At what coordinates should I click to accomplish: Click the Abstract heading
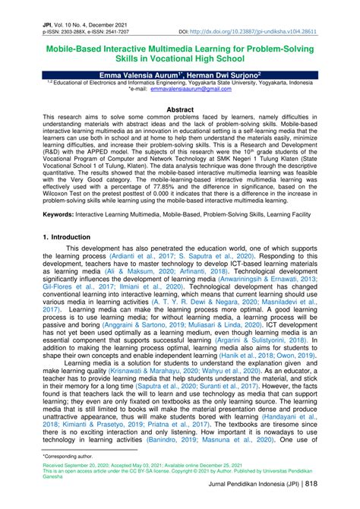(x=180, y=109)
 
